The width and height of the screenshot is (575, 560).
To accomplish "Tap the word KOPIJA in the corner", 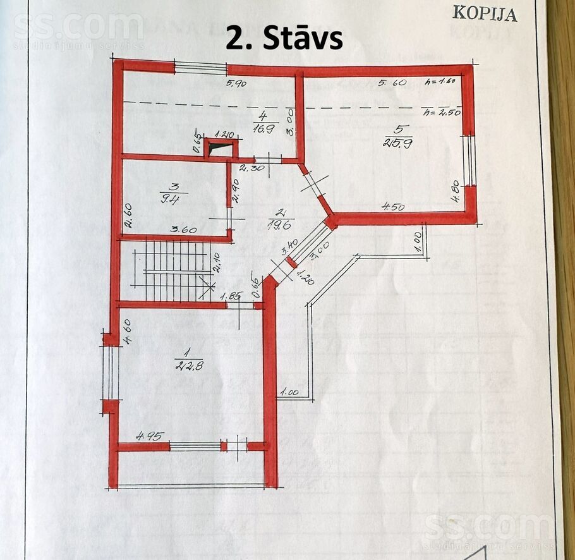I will pos(485,13).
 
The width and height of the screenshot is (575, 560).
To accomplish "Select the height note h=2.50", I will pos(443,113).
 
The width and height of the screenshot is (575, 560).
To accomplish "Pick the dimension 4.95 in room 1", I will pos(150,435).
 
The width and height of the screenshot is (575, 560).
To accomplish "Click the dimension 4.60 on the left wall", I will pos(127,332).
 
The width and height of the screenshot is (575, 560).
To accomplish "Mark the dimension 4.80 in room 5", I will pos(455,190).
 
